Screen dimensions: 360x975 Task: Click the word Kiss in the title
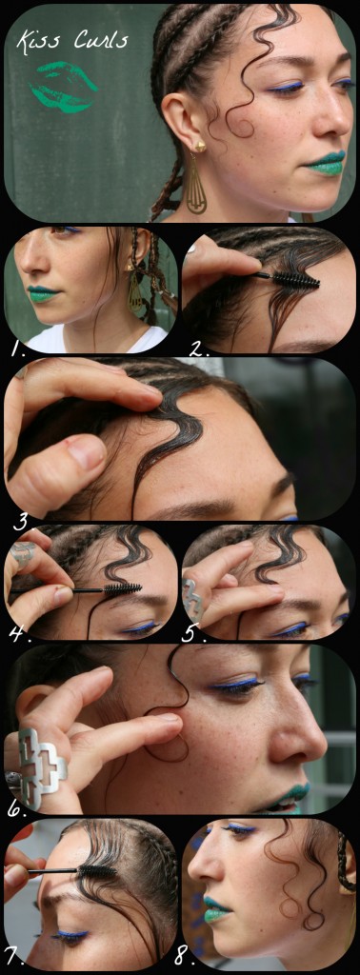click(36, 41)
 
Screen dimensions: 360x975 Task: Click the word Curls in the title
click(101, 40)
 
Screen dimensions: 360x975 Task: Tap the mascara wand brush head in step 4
click(122, 587)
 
